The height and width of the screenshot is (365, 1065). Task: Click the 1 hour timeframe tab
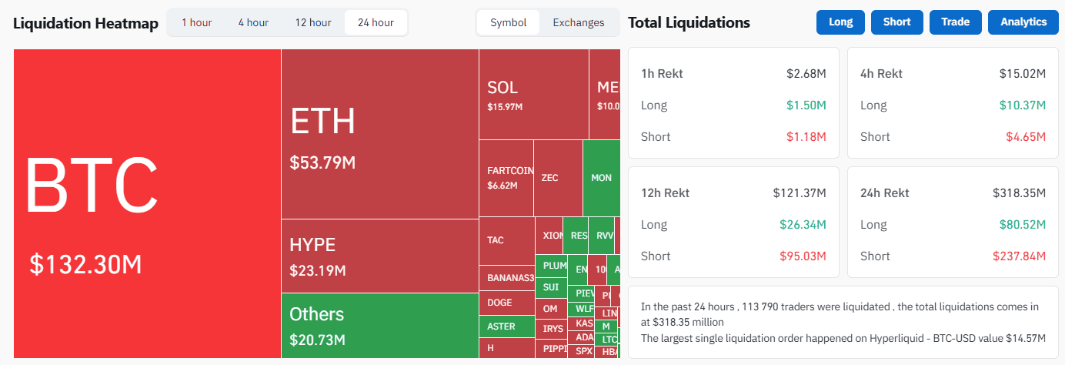pos(196,22)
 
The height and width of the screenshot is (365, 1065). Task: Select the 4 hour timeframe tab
pos(252,22)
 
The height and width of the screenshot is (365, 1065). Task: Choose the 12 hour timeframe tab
pos(312,22)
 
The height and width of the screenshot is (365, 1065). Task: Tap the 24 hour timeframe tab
pos(376,22)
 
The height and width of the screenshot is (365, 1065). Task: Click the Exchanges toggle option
pos(579,22)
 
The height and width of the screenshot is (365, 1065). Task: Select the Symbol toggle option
pos(509,22)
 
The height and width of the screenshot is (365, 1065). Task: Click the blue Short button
pos(896,22)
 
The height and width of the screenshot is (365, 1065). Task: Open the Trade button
pos(955,22)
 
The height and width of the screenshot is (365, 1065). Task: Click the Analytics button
pos(1023,22)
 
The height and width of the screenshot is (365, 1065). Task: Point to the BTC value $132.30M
pos(85,264)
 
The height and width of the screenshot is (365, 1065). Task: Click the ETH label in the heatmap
pos(322,122)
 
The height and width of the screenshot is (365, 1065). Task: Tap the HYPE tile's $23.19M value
pos(317,271)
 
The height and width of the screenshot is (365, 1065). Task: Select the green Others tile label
pos(316,314)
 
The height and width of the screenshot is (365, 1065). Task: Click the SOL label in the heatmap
pos(502,88)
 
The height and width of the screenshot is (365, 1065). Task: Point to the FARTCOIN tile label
pos(510,170)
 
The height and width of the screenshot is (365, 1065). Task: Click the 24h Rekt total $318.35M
pos(1020,193)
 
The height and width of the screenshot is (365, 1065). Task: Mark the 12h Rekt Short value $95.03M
pos(800,256)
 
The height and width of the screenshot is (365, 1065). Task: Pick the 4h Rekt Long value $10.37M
pos(1020,105)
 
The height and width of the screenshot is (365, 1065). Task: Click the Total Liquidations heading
pos(689,22)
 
